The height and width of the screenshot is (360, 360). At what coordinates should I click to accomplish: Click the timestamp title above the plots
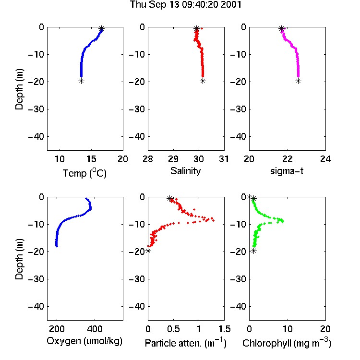click(x=185, y=5)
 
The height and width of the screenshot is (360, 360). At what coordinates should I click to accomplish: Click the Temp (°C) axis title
click(x=84, y=173)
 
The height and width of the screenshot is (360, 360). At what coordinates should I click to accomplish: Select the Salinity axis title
click(x=185, y=171)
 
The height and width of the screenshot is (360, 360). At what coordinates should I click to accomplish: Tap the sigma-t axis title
click(x=287, y=171)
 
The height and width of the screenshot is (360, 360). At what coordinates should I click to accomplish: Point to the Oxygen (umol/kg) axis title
click(x=84, y=341)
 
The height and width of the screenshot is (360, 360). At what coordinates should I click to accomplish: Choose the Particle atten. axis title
click(x=186, y=343)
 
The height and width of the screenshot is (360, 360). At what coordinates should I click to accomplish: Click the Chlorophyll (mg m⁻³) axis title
click(x=287, y=343)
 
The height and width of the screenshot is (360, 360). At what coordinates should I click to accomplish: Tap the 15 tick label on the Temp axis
click(x=91, y=159)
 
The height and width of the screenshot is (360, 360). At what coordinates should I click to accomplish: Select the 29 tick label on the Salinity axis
click(x=173, y=159)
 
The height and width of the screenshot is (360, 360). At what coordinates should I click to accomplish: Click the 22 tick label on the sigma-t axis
click(x=287, y=159)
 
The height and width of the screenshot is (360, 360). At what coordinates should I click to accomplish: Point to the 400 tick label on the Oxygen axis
click(x=95, y=329)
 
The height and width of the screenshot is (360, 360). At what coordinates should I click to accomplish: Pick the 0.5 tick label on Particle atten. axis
click(x=173, y=329)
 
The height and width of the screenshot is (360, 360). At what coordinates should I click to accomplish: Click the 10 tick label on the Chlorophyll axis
click(x=287, y=329)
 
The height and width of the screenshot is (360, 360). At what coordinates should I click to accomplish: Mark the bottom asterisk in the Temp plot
click(x=81, y=81)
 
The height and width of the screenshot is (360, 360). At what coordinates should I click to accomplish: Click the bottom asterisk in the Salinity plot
click(x=203, y=81)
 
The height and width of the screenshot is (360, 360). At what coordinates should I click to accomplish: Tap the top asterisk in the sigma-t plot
click(x=281, y=29)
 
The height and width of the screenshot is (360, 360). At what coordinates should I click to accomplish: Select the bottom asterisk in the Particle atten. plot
click(x=148, y=251)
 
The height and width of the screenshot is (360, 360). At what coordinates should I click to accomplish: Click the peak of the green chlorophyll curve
click(x=283, y=221)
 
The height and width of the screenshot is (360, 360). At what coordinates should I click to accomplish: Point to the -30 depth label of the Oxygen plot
click(x=36, y=279)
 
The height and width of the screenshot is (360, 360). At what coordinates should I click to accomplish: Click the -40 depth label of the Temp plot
click(x=36, y=137)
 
